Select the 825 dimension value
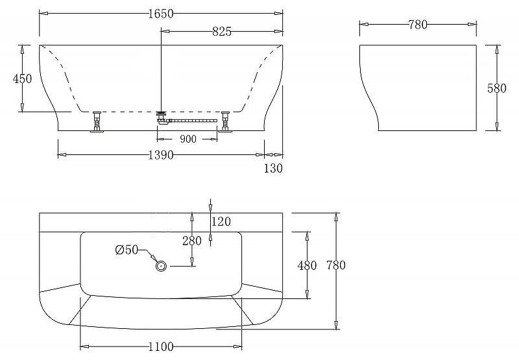pyautogui.click(x=222, y=31)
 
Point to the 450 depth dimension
pyautogui.click(x=22, y=78)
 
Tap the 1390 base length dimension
pyautogui.click(x=160, y=156)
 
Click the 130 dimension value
pyautogui.click(x=274, y=168)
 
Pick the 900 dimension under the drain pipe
pyautogui.click(x=187, y=138)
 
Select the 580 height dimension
pyautogui.click(x=496, y=88)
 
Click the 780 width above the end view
pyautogui.click(x=418, y=25)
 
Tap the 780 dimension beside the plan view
pyautogui.click(x=335, y=265)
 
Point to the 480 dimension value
pyautogui.click(x=306, y=265)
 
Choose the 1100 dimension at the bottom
pyautogui.click(x=160, y=347)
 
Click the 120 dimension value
pyautogui.click(x=221, y=222)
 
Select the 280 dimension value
pyautogui.click(x=191, y=241)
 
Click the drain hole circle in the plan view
pyautogui.click(x=160, y=265)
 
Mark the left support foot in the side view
pyautogui.click(x=97, y=121)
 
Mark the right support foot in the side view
pyautogui.click(x=226, y=121)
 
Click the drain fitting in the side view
pyautogui.click(x=162, y=117)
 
